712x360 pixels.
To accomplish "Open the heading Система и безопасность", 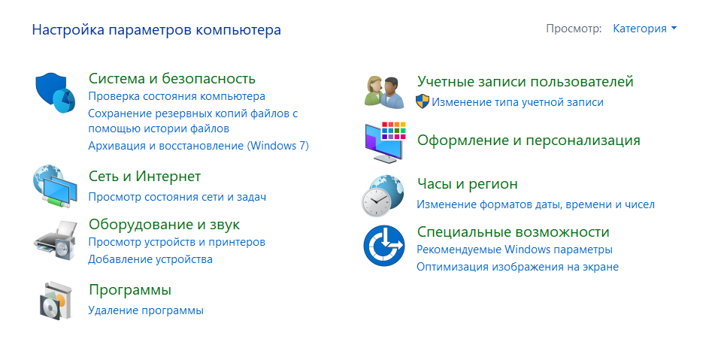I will click(172, 78).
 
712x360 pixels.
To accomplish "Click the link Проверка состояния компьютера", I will click(177, 96).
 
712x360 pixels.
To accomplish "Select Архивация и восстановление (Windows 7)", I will click(198, 146).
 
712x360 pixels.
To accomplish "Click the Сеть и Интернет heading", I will click(144, 177).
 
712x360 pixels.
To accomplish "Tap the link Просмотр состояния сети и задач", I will click(177, 197).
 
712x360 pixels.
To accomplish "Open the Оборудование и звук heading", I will click(164, 224).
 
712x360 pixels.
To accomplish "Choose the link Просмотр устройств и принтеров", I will click(177, 242).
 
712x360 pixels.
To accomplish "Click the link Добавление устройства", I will click(150, 259).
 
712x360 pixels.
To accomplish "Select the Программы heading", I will click(130, 290).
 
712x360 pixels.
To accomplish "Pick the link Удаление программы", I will click(146, 310).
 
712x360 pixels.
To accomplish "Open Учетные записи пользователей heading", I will click(526, 81).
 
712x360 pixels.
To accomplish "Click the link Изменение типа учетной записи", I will click(517, 101).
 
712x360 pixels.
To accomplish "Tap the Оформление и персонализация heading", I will click(529, 141).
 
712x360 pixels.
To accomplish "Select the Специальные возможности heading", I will click(513, 231).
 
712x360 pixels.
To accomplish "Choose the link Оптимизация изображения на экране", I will click(517, 267).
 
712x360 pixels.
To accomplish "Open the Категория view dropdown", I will click(644, 29).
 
